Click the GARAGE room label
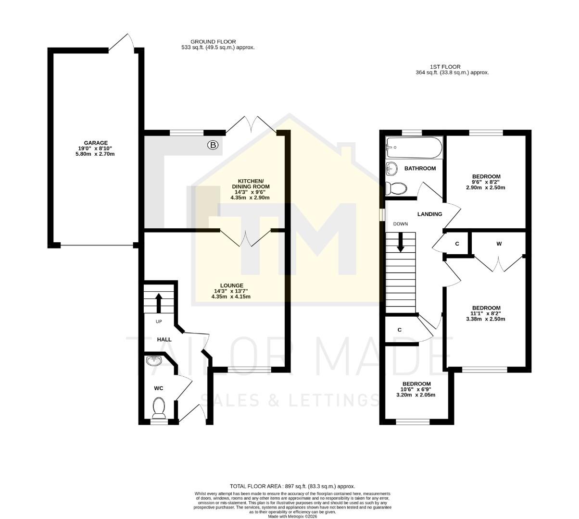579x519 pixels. [x=96, y=143]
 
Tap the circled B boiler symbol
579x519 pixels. [x=212, y=144]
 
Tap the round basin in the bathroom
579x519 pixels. [x=392, y=169]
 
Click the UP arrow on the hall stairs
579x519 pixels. [x=158, y=303]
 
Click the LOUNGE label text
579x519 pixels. [x=231, y=285]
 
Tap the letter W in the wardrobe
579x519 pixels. [x=499, y=244]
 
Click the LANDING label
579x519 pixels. [x=429, y=214]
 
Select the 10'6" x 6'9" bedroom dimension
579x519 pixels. [x=416, y=389]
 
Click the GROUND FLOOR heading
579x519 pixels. [x=213, y=42]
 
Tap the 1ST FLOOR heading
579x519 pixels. [x=445, y=67]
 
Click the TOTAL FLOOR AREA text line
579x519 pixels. [x=292, y=486]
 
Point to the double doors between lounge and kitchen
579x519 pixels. [x=246, y=238]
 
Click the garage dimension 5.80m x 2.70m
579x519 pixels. [x=96, y=154]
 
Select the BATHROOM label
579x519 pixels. [x=420, y=169]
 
